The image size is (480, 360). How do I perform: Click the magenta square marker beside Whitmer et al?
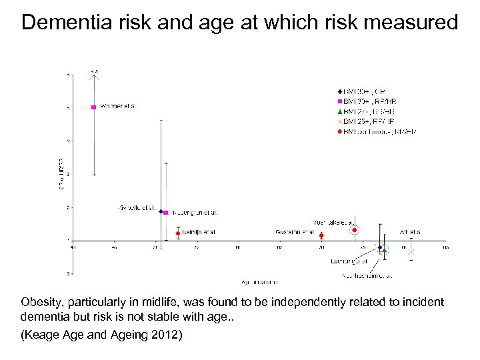tap(94, 107)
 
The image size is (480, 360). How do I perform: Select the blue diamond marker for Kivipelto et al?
tap(161, 211)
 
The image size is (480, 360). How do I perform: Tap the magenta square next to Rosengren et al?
tap(165, 213)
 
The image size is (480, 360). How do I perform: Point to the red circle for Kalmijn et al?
tap(178, 233)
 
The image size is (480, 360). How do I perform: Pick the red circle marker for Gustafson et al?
tap(321, 235)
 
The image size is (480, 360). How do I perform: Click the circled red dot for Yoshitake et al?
tap(355, 230)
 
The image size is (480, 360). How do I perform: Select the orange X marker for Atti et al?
tap(411, 251)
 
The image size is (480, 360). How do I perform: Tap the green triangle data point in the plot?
tap(385, 251)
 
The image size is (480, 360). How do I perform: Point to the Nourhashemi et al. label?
tap(367, 275)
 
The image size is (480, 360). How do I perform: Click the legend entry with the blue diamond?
tap(363, 91)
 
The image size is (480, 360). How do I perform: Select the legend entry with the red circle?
tap(377, 132)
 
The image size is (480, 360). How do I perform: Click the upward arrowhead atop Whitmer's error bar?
tap(95, 75)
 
